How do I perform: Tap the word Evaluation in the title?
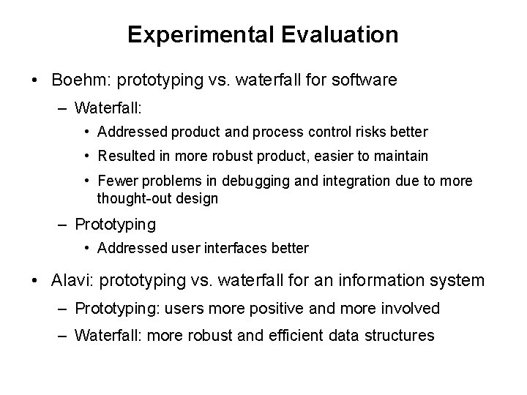(x=339, y=34)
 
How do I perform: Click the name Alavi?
(x=71, y=279)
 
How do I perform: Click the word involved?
(x=410, y=308)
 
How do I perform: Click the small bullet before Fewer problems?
(x=88, y=181)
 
